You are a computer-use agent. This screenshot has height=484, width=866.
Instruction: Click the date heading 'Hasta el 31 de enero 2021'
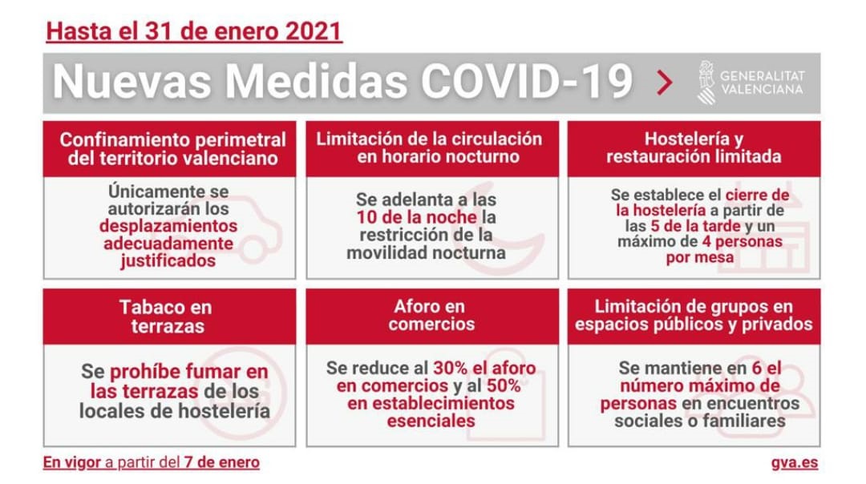point(194,31)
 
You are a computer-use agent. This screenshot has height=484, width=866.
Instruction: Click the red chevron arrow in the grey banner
point(665,83)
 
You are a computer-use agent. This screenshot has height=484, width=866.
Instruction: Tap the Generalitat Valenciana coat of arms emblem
point(706,83)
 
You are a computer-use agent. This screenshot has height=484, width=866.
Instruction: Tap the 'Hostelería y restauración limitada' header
point(694,149)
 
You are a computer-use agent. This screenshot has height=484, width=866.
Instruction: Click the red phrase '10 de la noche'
point(416,217)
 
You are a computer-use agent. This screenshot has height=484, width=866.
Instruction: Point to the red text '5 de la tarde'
point(695,226)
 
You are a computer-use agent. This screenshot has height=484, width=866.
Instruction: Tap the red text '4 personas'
point(742,241)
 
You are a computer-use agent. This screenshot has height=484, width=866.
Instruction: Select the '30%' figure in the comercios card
point(451,368)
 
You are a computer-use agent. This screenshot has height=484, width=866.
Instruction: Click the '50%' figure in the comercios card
point(503,385)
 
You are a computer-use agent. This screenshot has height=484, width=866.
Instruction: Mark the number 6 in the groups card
point(757,368)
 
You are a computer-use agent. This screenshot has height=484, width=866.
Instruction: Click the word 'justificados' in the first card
point(168,260)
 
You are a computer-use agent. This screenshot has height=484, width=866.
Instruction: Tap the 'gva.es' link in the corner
point(794,462)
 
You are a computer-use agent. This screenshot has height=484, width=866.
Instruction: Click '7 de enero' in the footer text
point(221,462)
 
